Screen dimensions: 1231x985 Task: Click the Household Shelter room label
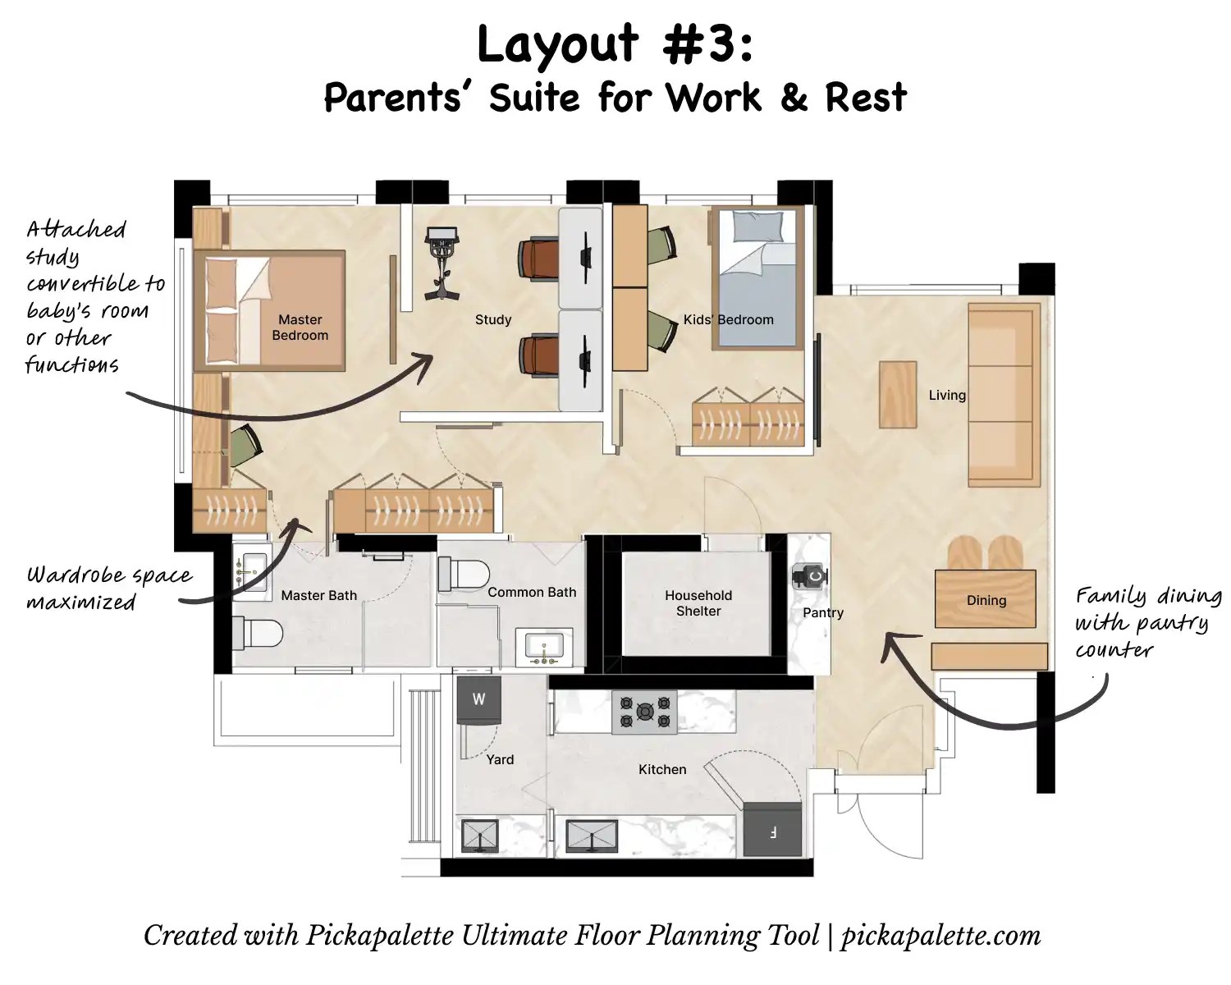698,602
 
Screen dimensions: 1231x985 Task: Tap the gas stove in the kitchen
645,712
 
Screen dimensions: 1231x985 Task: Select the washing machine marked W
478,699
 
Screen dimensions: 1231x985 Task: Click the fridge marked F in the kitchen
772,829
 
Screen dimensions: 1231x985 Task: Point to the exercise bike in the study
441,263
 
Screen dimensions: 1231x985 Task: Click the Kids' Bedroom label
728,319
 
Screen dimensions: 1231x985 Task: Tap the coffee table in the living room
898,394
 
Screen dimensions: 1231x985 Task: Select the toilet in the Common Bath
464,574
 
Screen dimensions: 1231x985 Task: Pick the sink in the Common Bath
544,648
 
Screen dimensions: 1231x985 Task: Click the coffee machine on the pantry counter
810,575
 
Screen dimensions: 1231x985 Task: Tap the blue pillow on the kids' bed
758,226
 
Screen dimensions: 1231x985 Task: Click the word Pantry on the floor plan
822,612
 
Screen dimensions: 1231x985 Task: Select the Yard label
500,759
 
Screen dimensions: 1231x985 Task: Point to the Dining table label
986,600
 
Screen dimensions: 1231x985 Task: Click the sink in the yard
480,836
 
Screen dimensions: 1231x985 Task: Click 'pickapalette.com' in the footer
940,936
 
